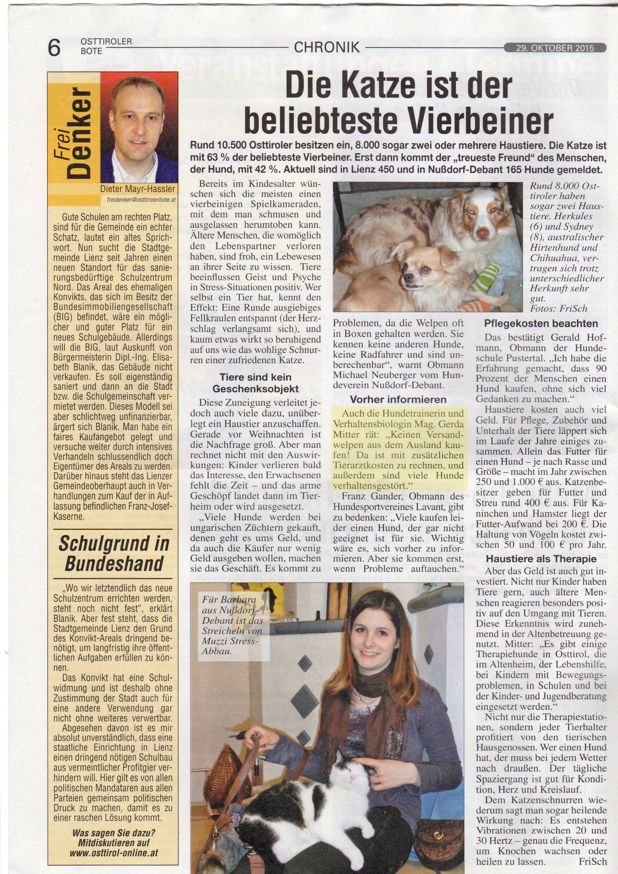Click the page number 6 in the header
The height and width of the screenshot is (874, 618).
54,48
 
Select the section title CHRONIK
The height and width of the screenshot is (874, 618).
327,48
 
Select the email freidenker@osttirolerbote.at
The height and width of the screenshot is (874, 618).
140,198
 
